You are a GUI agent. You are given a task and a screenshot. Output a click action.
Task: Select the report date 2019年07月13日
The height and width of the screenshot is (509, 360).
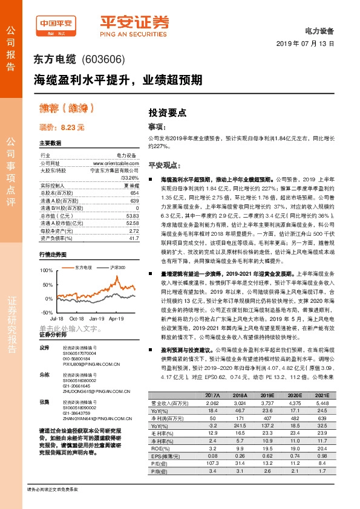[x=309, y=44]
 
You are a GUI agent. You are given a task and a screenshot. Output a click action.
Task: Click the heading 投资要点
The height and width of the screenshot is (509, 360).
[x=168, y=112]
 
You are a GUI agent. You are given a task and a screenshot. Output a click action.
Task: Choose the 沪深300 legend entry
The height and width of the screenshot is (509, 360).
[x=118, y=267]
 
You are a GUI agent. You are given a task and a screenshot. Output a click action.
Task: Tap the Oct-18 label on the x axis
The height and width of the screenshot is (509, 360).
[x=76, y=317]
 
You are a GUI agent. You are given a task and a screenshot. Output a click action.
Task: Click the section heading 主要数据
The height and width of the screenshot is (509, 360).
[x=50, y=144]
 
